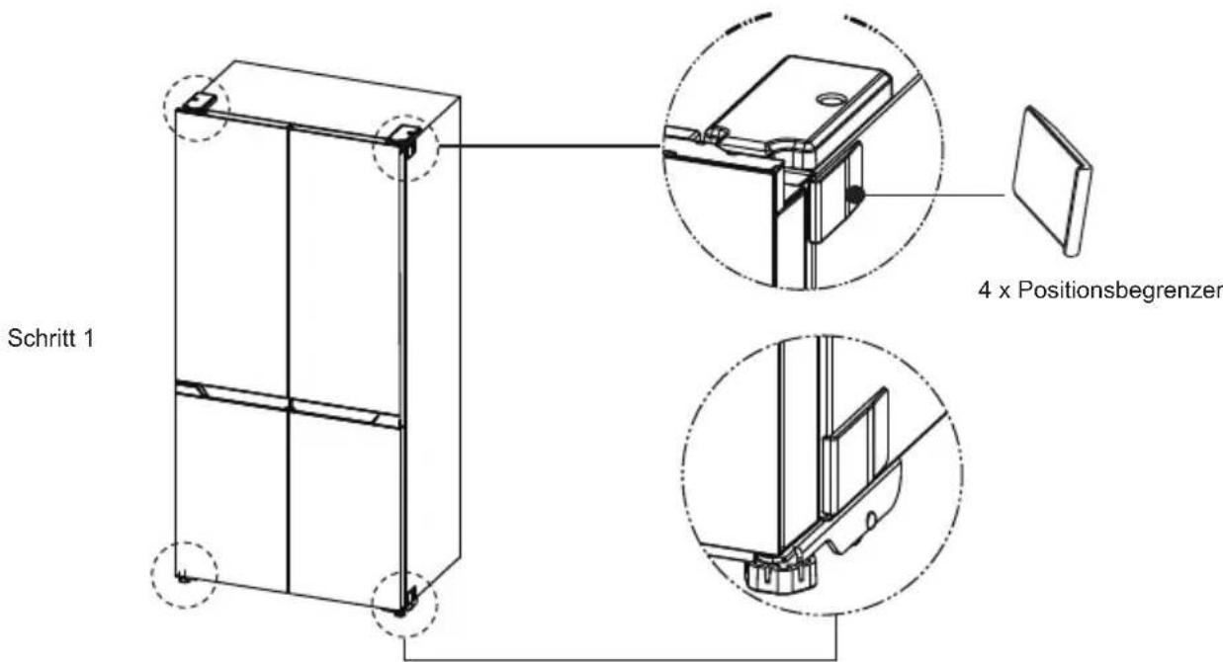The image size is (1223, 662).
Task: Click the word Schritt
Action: pos(43,339)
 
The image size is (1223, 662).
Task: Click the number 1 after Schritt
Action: pos(88,339)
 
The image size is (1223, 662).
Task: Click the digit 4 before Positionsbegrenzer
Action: pos(985,290)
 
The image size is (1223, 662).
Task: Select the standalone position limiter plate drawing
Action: pos(1052,181)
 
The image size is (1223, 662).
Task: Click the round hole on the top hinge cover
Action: pos(830,100)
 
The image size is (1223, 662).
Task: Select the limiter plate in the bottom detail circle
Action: pos(855,453)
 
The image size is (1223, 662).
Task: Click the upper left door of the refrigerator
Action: pos(231,251)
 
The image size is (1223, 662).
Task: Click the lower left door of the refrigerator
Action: pos(231,488)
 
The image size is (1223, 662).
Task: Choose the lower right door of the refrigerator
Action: pos(346,510)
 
